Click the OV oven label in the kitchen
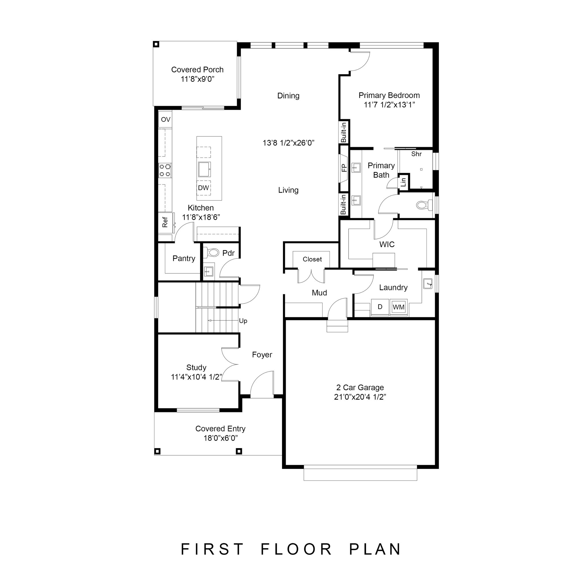166,120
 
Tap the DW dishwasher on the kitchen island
204,188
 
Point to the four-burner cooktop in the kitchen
165,171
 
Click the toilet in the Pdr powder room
212,253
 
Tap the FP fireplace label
344,168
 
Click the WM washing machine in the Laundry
398,307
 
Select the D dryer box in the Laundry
380,307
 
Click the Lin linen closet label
404,182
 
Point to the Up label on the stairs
243,321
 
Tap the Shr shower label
416,154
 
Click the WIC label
387,244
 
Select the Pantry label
184,258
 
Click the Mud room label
319,293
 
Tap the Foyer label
262,355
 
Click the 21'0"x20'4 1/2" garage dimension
360,397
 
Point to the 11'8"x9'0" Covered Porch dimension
197,79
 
